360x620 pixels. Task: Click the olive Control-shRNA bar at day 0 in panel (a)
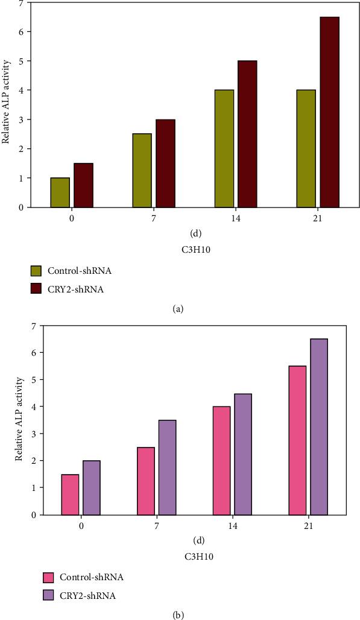[x=60, y=192]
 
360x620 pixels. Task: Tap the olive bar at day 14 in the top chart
[x=224, y=148]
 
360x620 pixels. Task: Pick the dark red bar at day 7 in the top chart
[x=165, y=163]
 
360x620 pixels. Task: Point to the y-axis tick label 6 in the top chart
[x=21, y=32]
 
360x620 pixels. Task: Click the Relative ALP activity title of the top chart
[x=6, y=106]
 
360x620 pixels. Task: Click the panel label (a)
[x=177, y=309]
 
